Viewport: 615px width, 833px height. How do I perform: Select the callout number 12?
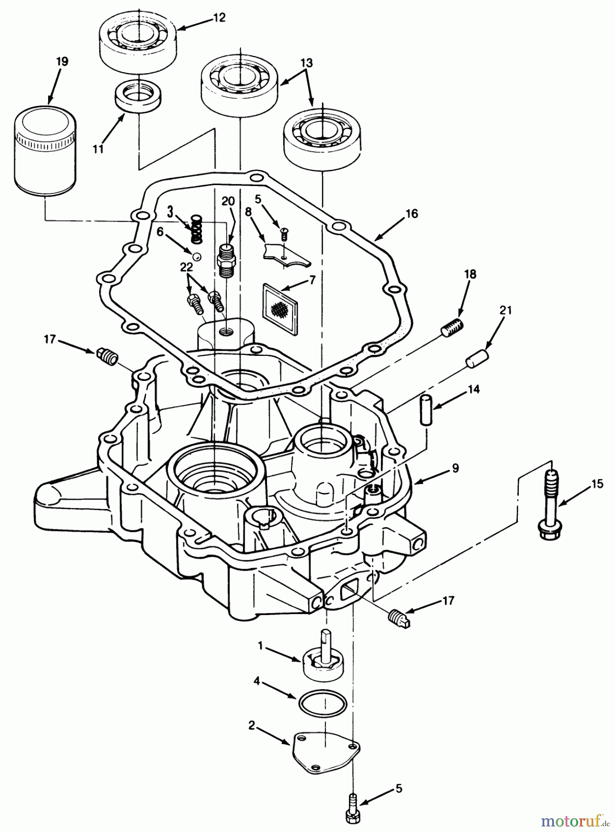coord(219,18)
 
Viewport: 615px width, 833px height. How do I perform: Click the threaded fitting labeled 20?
coord(227,262)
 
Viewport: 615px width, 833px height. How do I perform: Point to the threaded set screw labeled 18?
coord(451,329)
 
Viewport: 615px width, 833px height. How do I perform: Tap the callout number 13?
coord(306,62)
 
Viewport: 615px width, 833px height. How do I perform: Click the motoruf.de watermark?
coord(573,821)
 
